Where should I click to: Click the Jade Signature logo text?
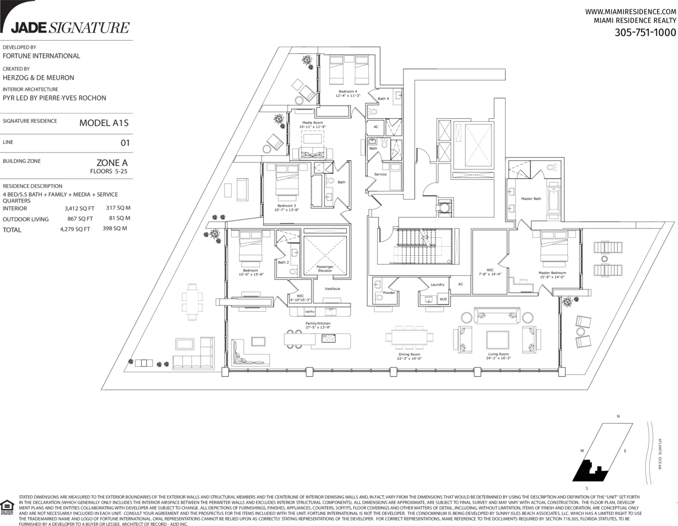(x=70, y=27)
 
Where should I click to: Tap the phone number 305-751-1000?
(x=645, y=32)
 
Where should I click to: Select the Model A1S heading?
(x=104, y=123)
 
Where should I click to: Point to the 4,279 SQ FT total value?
(x=75, y=229)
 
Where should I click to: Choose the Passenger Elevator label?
(x=325, y=269)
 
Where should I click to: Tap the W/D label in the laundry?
(x=443, y=299)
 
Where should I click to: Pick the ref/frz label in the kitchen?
(x=310, y=311)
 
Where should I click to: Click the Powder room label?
(x=389, y=293)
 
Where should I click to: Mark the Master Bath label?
(x=531, y=199)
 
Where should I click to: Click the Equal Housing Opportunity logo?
(x=7, y=505)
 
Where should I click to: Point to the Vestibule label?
(x=332, y=288)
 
